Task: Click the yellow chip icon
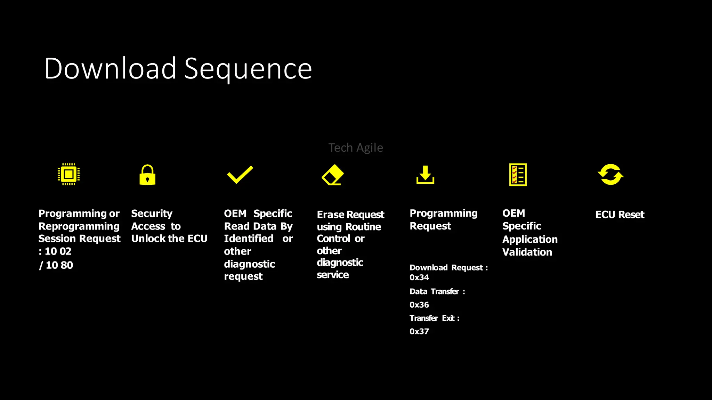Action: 68,174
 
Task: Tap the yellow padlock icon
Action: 147,175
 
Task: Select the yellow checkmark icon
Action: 240,175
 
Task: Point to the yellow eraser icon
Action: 333,175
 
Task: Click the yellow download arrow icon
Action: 425,175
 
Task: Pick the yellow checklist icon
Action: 518,175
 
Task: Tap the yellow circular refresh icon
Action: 610,174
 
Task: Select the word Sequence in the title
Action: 248,69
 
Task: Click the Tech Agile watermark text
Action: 356,148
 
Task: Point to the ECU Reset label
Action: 620,215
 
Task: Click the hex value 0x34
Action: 419,277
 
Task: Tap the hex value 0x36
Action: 419,305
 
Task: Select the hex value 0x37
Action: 419,332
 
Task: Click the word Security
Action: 152,214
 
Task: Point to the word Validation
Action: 527,252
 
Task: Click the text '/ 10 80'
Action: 56,265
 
